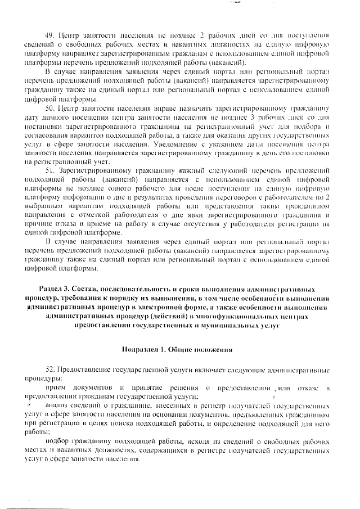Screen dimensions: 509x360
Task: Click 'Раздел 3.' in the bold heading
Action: pyautogui.click(x=59, y=288)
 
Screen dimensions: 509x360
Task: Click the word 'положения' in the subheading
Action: pyautogui.click(x=211, y=350)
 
